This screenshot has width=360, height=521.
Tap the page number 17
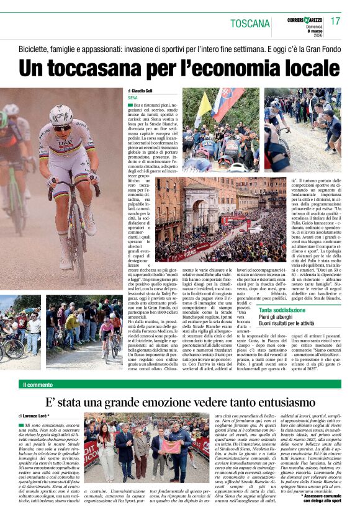[x=335, y=22]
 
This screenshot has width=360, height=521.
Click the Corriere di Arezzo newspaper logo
[x=304, y=20]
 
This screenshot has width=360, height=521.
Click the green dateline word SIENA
[x=132, y=98]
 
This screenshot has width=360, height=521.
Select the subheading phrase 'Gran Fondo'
[x=320, y=48]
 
